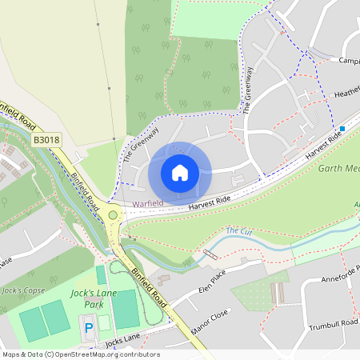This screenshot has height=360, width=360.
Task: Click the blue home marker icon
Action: click(x=180, y=172)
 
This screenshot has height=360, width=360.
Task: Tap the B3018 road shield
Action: click(x=46, y=140)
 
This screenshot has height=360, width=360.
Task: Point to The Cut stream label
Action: click(x=238, y=231)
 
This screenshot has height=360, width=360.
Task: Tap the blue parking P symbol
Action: click(x=89, y=326)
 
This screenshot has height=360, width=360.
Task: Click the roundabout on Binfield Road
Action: click(x=113, y=214)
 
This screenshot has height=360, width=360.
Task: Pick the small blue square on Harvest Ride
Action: click(x=342, y=128)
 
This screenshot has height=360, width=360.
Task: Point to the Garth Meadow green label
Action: click(x=340, y=169)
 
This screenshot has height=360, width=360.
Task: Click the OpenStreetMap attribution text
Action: click(x=81, y=354)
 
